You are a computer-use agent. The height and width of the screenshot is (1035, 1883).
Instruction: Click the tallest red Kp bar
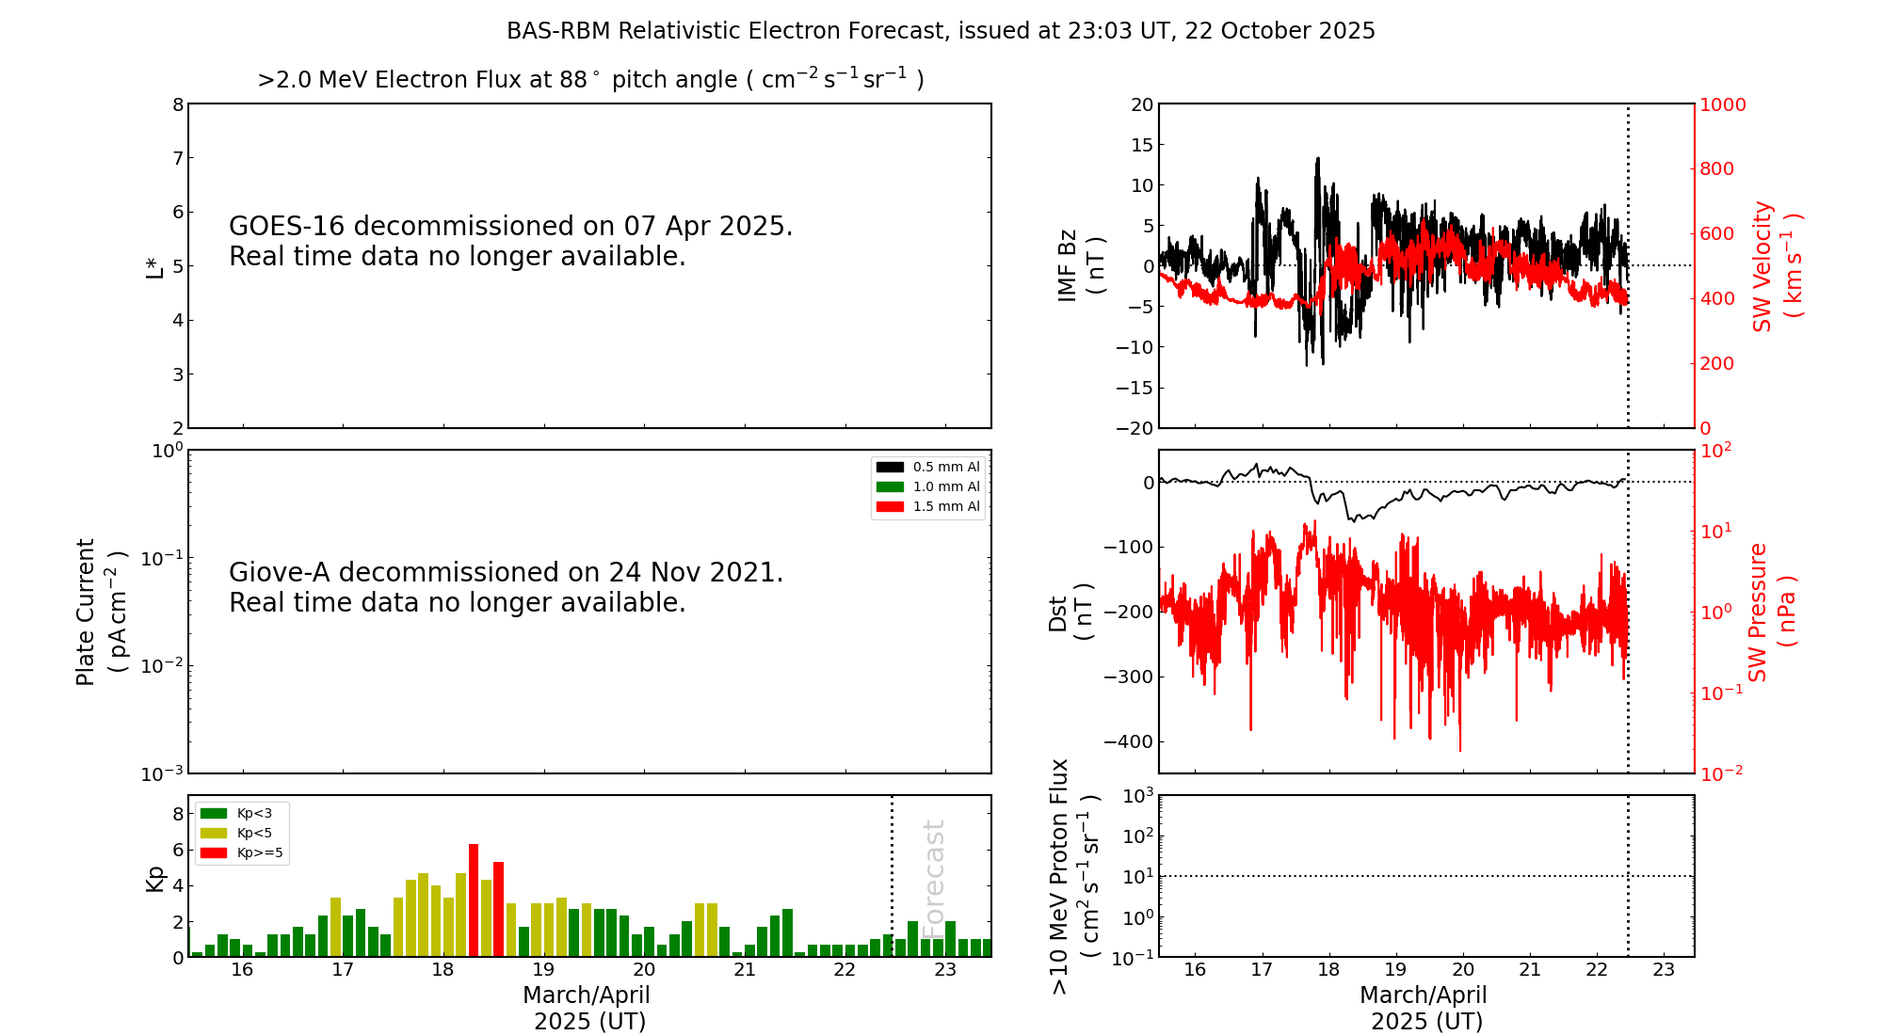(x=474, y=900)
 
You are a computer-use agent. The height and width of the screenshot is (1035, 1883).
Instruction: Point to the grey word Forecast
(x=933, y=879)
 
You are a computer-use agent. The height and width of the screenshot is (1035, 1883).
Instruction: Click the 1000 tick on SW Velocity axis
(x=1722, y=104)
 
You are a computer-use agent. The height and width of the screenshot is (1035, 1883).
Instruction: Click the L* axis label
(x=154, y=267)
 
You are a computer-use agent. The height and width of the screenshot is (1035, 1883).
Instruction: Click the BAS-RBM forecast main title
(x=941, y=31)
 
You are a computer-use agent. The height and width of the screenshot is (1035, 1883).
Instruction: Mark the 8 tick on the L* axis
(x=178, y=104)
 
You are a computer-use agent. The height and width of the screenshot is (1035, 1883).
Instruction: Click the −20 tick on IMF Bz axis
(x=1134, y=428)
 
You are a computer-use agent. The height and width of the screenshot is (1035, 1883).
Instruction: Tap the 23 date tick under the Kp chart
(x=944, y=970)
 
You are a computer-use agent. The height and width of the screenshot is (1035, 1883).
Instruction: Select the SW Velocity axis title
(x=1776, y=265)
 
